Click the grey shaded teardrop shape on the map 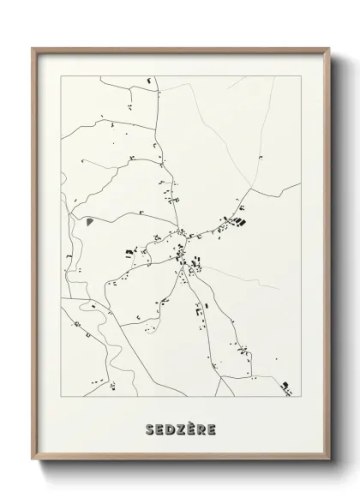click(x=89, y=220)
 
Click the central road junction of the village click(x=181, y=232)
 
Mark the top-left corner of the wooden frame click(x=33, y=48)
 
